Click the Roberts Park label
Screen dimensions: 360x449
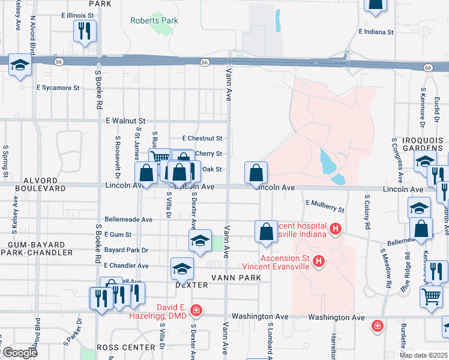[x=154, y=20]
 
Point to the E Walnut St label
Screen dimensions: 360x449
[x=125, y=121]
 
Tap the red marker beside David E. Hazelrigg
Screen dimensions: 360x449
[x=196, y=310]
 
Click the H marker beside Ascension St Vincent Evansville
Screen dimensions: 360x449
[x=319, y=261]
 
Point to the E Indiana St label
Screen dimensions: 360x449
[x=376, y=31]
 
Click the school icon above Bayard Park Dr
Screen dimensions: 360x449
[x=200, y=241]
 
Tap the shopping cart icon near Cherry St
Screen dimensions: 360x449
[x=160, y=158]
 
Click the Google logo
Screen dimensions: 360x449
[x=19, y=353]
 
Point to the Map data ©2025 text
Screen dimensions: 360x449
[x=423, y=355]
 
